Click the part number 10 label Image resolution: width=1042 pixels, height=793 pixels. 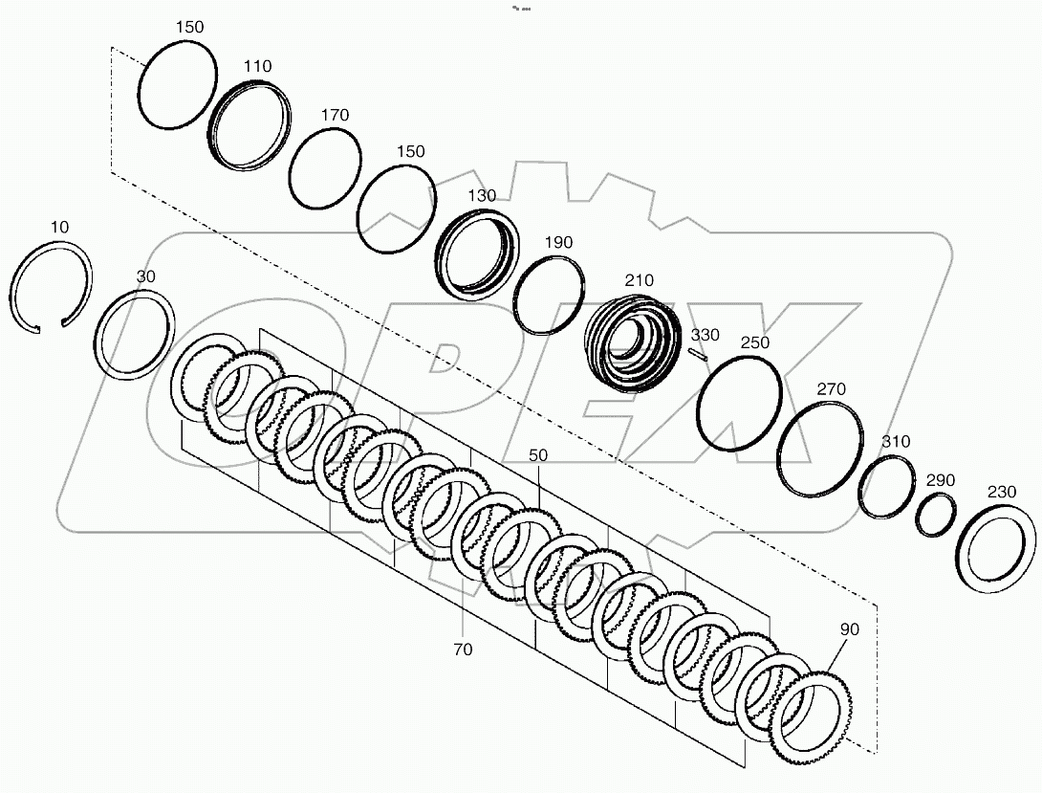coord(59,227)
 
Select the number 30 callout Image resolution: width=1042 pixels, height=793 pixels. coord(144,276)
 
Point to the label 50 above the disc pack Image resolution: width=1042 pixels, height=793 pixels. coord(538,455)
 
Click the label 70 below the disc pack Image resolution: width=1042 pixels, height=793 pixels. coord(464,650)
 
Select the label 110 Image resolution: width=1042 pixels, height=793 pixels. coord(257,66)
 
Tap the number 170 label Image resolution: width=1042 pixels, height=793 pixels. coord(335,115)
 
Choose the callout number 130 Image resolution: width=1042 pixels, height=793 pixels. coord(482,195)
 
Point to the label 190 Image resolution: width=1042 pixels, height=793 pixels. coord(558,243)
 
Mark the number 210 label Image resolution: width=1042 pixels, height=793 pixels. coord(639,280)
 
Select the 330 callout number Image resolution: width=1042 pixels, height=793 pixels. coord(706,334)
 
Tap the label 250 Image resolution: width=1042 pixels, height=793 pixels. coord(754,341)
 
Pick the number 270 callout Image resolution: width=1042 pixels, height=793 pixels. coord(831,389)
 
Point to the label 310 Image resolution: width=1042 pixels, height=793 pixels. coord(896,442)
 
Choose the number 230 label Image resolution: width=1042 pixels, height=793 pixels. coord(1001,492)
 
